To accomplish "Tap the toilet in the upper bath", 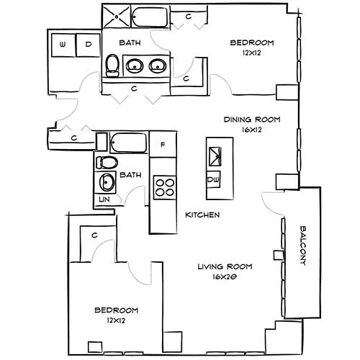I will [112, 66].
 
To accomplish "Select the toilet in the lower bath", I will [104, 161].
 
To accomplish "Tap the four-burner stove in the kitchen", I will [165, 186].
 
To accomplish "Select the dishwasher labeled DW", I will [214, 179].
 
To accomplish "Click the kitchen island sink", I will [215, 155].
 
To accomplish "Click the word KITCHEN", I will [202, 215].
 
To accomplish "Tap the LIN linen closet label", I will [104, 198].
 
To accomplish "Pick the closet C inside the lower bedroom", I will [94, 235].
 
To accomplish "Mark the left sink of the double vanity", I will [134, 66].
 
